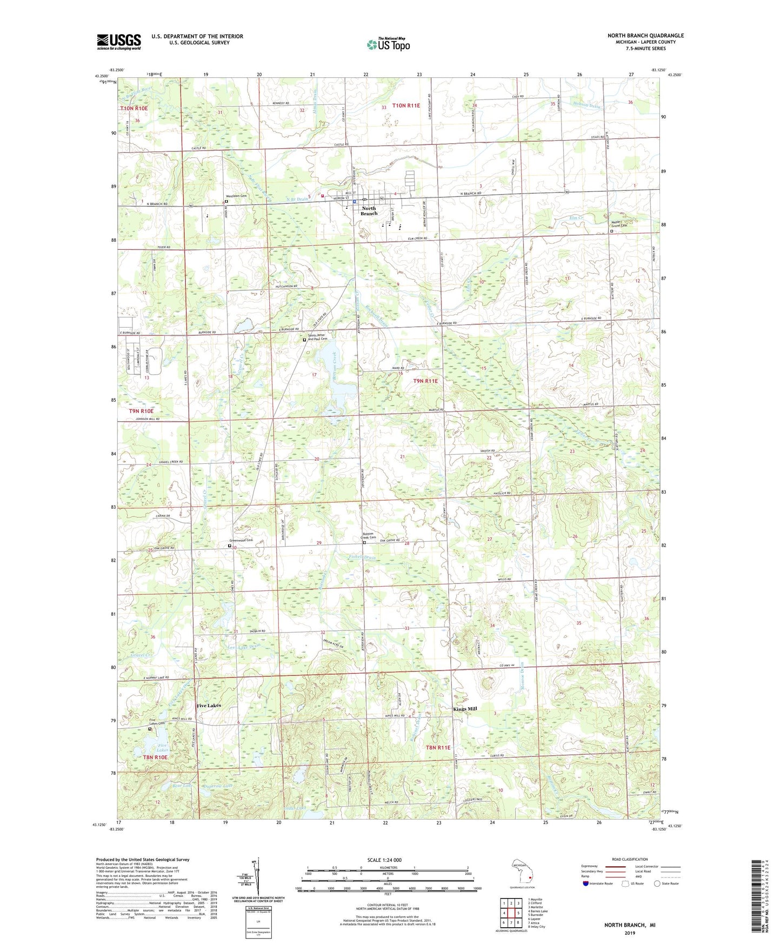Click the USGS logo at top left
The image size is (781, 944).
click(119, 41)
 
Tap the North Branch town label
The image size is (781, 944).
click(369, 211)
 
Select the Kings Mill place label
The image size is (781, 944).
click(465, 709)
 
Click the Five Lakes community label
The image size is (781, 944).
click(209, 706)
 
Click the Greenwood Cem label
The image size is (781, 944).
click(241, 540)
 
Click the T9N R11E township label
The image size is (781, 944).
click(425, 381)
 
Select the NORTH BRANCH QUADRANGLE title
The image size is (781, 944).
click(645, 35)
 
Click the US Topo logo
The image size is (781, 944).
click(388, 44)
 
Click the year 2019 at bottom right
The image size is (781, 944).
click(629, 933)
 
